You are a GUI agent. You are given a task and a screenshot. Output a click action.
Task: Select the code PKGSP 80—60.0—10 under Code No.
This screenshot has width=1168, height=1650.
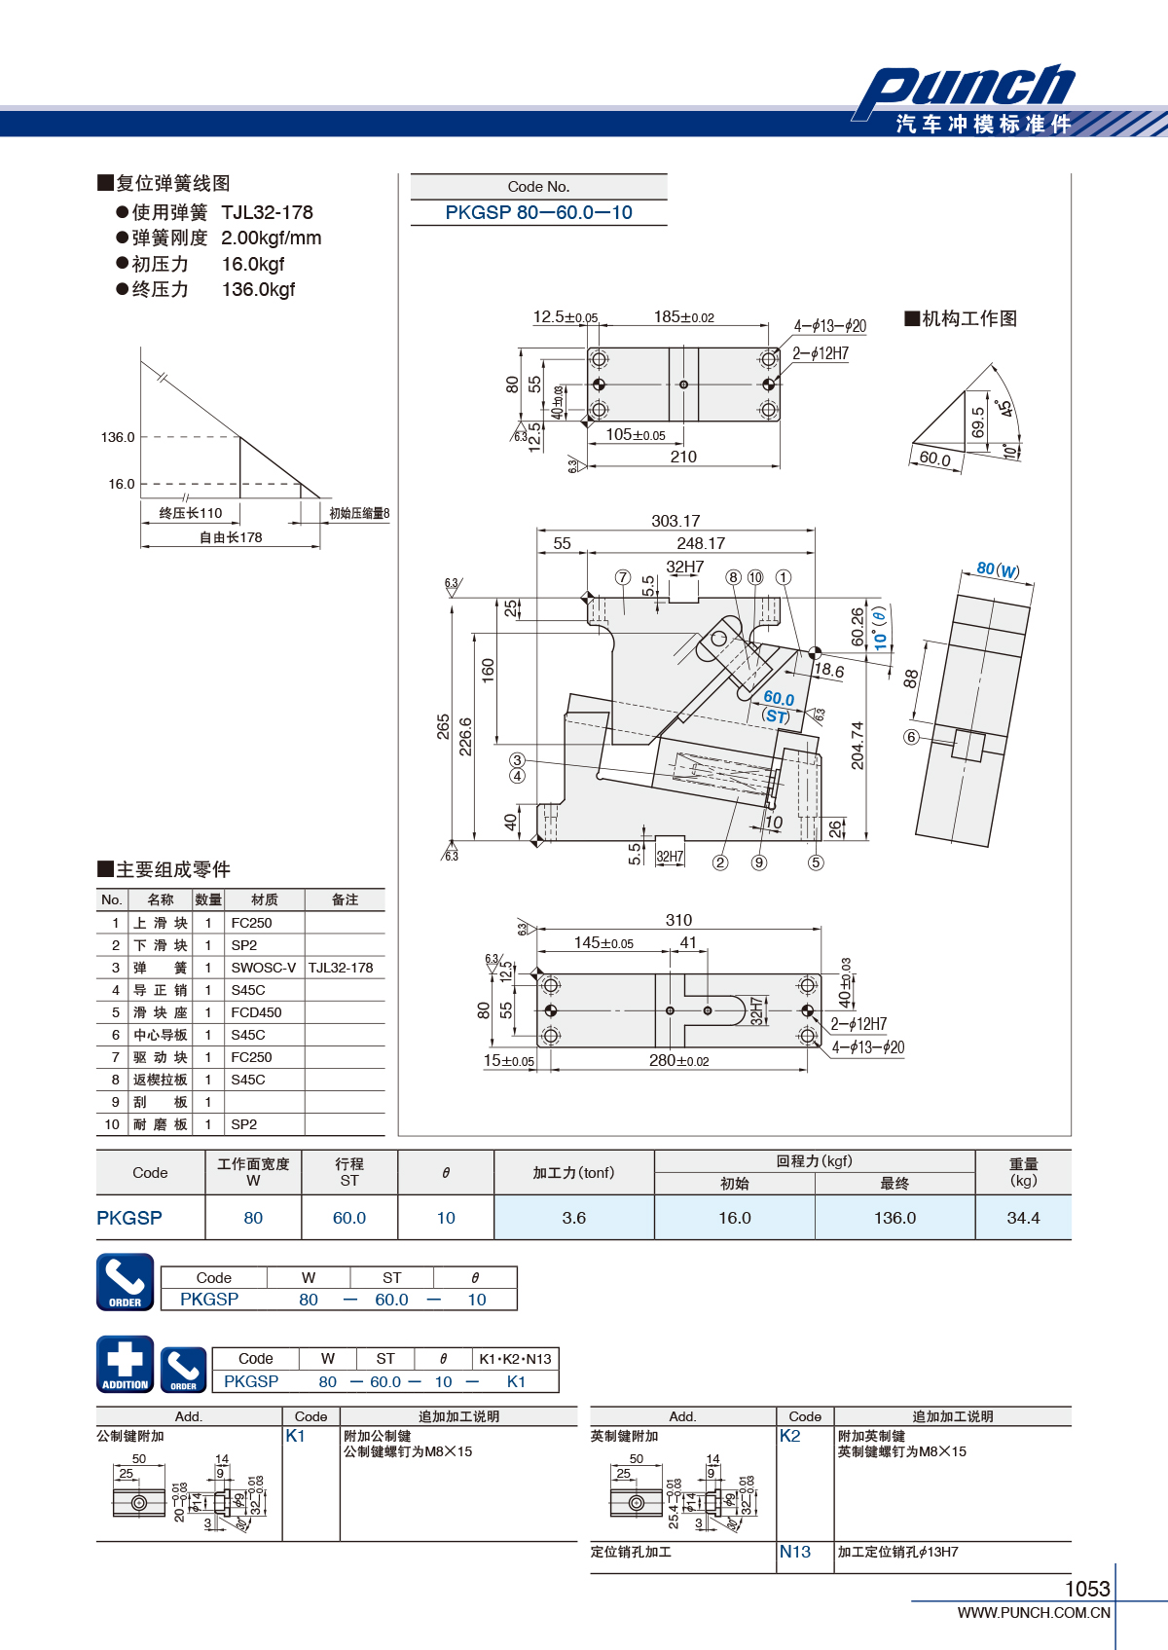pos(538,213)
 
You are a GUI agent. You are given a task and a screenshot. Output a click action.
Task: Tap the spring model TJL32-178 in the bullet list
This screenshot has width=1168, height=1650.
pos(268,213)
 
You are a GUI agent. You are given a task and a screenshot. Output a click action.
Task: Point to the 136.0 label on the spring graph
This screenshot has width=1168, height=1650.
pos(118,437)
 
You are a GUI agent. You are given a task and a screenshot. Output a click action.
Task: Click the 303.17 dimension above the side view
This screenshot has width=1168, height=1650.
pos(675,521)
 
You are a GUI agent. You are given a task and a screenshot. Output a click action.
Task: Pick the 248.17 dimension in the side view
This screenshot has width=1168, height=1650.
pos(701,543)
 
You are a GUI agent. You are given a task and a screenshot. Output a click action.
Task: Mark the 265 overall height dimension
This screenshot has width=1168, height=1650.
pos(443,726)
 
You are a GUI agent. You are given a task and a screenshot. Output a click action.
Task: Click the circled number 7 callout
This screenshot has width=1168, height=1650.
pos(623,576)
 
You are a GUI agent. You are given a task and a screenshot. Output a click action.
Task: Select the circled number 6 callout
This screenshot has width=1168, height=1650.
pos(911,737)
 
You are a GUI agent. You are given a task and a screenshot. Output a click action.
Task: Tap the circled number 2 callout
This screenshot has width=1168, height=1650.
pos(720,862)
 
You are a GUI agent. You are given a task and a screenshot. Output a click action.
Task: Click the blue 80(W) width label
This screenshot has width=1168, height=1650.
pos(998,569)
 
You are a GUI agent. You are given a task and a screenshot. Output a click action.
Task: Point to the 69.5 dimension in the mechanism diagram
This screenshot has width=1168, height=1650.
pos(978,422)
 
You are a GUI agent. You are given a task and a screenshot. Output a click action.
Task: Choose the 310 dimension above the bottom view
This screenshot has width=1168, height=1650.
pos(678,920)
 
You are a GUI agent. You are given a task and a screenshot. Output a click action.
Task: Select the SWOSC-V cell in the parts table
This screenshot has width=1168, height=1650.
pos(264,968)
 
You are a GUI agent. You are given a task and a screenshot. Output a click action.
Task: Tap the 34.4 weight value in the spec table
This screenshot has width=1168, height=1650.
pos(1023,1218)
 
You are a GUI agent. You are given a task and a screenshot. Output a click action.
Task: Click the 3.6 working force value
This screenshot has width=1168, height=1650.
pos(573,1218)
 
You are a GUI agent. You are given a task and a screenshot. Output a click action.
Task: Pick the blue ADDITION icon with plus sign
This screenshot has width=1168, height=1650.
pos(126,1364)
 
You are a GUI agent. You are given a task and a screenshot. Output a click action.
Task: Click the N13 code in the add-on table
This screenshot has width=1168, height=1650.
pos(794,1552)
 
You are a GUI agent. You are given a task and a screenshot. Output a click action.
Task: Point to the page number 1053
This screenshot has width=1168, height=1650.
pos(1088,1589)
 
